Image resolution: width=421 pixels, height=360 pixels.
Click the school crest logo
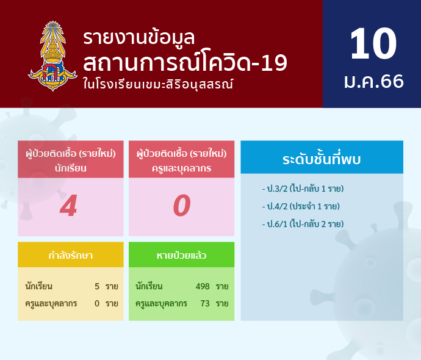pyautogui.click(x=52, y=56)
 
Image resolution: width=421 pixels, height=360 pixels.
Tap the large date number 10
pyautogui.click(x=373, y=43)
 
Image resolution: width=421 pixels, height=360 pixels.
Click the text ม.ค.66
pyautogui.click(x=374, y=81)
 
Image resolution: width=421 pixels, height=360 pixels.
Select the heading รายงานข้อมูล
pyautogui.click(x=139, y=38)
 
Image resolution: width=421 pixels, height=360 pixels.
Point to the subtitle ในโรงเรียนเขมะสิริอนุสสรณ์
pyautogui.click(x=158, y=84)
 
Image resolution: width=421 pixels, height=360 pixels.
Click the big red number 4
pyautogui.click(x=69, y=206)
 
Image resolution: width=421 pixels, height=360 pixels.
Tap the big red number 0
pyautogui.click(x=182, y=206)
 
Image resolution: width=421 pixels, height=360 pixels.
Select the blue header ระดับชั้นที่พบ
pyautogui.click(x=322, y=159)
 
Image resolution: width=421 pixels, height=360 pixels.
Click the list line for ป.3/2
pyautogui.click(x=303, y=189)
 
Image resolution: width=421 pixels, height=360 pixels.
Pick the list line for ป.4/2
pyautogui.click(x=301, y=206)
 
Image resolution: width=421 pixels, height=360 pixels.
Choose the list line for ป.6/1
pyautogui.click(x=303, y=224)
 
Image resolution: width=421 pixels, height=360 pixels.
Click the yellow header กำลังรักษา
pyautogui.click(x=71, y=255)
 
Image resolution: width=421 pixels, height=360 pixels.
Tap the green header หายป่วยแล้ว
pyautogui.click(x=181, y=255)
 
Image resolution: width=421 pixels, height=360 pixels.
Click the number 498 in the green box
pyautogui.click(x=203, y=286)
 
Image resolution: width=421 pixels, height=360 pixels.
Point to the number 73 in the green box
pyautogui.click(x=205, y=303)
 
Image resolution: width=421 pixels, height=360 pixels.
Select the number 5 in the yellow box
pyautogui.click(x=97, y=286)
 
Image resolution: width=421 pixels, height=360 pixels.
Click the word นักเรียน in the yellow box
pyautogui.click(x=38, y=286)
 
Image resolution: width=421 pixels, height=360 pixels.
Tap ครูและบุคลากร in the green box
pyautogui.click(x=161, y=304)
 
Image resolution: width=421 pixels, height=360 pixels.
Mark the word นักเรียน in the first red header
pyautogui.click(x=71, y=168)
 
